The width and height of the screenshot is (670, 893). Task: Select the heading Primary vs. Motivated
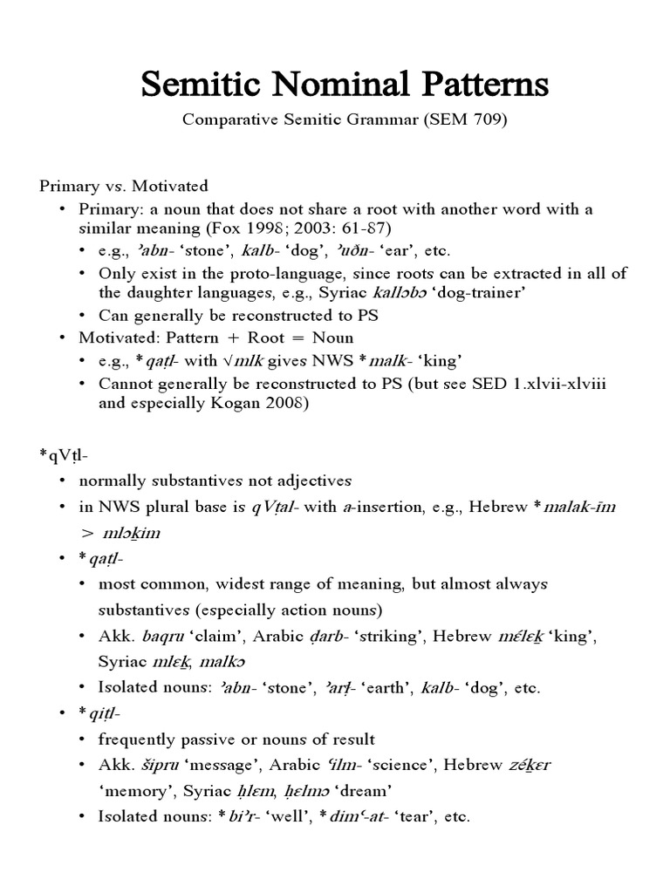124,186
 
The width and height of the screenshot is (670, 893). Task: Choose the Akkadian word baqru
151,636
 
